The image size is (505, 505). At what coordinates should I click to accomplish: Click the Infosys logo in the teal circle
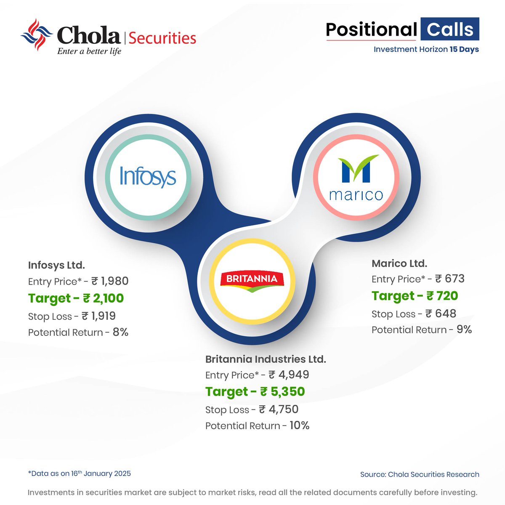(148, 176)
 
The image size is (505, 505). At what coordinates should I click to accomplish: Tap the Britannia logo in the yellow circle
(252, 281)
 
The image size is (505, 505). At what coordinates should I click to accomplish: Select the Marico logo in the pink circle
(356, 177)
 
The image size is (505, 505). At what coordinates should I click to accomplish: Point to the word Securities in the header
(162, 38)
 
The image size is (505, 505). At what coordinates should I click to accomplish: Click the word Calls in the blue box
(450, 29)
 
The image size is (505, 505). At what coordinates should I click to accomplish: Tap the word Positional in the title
(371, 29)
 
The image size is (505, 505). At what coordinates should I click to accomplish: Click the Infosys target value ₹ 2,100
(103, 298)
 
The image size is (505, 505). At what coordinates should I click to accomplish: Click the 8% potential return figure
(120, 332)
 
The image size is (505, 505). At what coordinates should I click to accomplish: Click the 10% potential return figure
(299, 425)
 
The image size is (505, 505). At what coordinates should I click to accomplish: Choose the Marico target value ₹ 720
(442, 296)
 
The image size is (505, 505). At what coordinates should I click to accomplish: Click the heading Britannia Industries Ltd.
(266, 359)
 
